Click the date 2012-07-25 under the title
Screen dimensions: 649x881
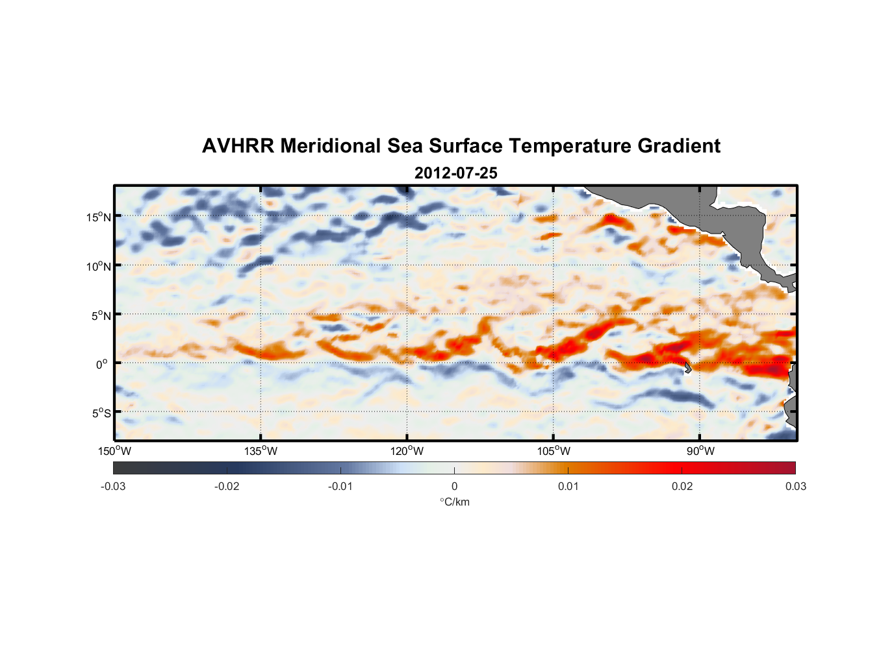(455, 173)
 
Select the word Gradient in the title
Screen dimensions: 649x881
(679, 146)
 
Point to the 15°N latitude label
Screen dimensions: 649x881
(99, 217)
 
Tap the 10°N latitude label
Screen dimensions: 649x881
(99, 266)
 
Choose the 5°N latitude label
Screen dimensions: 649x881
(101, 315)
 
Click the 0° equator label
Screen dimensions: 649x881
(101, 364)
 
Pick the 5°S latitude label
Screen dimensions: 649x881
(101, 413)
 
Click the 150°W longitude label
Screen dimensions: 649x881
(114, 451)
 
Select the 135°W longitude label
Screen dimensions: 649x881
(261, 451)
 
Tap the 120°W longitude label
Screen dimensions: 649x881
(407, 451)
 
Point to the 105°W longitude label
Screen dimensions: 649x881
(554, 451)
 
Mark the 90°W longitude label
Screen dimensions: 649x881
(700, 451)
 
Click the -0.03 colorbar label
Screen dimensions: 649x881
(113, 487)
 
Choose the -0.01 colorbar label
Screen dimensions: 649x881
(340, 487)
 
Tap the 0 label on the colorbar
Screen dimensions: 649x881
(454, 487)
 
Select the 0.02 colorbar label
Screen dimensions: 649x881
(682, 487)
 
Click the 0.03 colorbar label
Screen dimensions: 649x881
(795, 487)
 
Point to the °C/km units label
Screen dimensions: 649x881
(455, 502)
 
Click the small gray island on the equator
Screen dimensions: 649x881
(687, 368)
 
